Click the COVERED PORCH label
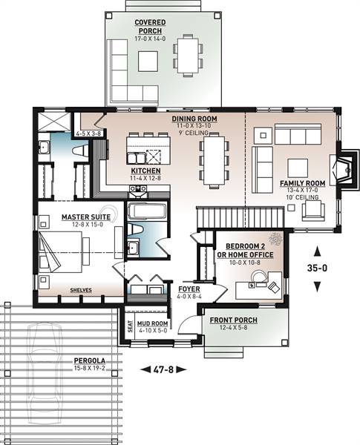coord(149,23)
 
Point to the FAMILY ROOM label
coord(303,182)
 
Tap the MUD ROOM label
coord(153,324)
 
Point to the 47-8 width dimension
coord(163,367)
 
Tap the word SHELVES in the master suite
coord(80,291)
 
